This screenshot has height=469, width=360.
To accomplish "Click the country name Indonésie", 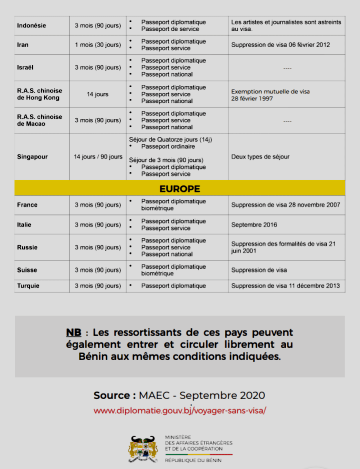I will [31, 25].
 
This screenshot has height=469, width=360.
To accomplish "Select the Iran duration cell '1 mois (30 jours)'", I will [98, 45].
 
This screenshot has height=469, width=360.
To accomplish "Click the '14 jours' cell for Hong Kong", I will [97, 94].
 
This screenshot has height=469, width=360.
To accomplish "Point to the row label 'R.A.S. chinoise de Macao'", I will [39, 120].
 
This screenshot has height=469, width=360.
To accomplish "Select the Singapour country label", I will [32, 156].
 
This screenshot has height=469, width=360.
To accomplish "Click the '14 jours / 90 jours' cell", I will [98, 156].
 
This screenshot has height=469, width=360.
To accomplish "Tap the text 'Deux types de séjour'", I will [260, 156].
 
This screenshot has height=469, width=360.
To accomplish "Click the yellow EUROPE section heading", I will [179, 189].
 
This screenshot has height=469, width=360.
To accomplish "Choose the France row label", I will [27, 205].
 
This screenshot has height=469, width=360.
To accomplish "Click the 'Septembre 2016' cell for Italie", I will [254, 225].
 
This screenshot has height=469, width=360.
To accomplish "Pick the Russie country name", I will [27, 247].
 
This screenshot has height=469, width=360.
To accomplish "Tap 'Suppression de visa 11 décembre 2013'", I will [285, 286].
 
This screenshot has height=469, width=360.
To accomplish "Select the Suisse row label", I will [27, 270].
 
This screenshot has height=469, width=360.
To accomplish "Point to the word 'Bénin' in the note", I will [93, 357].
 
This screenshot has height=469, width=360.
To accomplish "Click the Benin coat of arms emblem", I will [144, 448].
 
